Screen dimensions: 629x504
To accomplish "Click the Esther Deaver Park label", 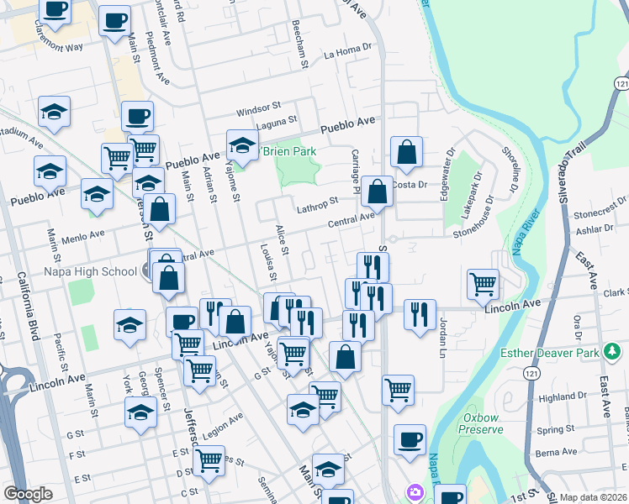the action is click(551, 353).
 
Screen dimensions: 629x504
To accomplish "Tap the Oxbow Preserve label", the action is click(483, 423).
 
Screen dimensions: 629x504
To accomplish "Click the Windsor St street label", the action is click(258, 108).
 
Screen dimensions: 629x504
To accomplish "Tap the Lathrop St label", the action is click(316, 202).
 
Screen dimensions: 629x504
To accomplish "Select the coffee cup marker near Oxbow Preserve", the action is click(410, 439).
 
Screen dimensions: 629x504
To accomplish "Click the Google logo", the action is click(28, 494).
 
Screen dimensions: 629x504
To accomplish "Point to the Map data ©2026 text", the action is click(593, 497).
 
